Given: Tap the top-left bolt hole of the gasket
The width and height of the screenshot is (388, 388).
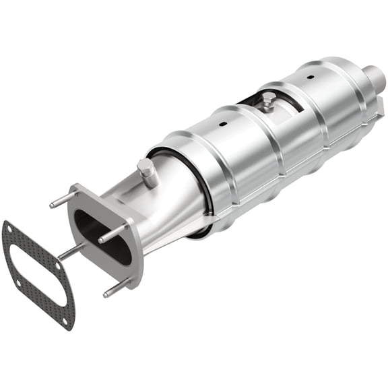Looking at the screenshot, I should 9,227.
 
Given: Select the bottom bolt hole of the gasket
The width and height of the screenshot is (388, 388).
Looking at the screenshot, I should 65,321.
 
